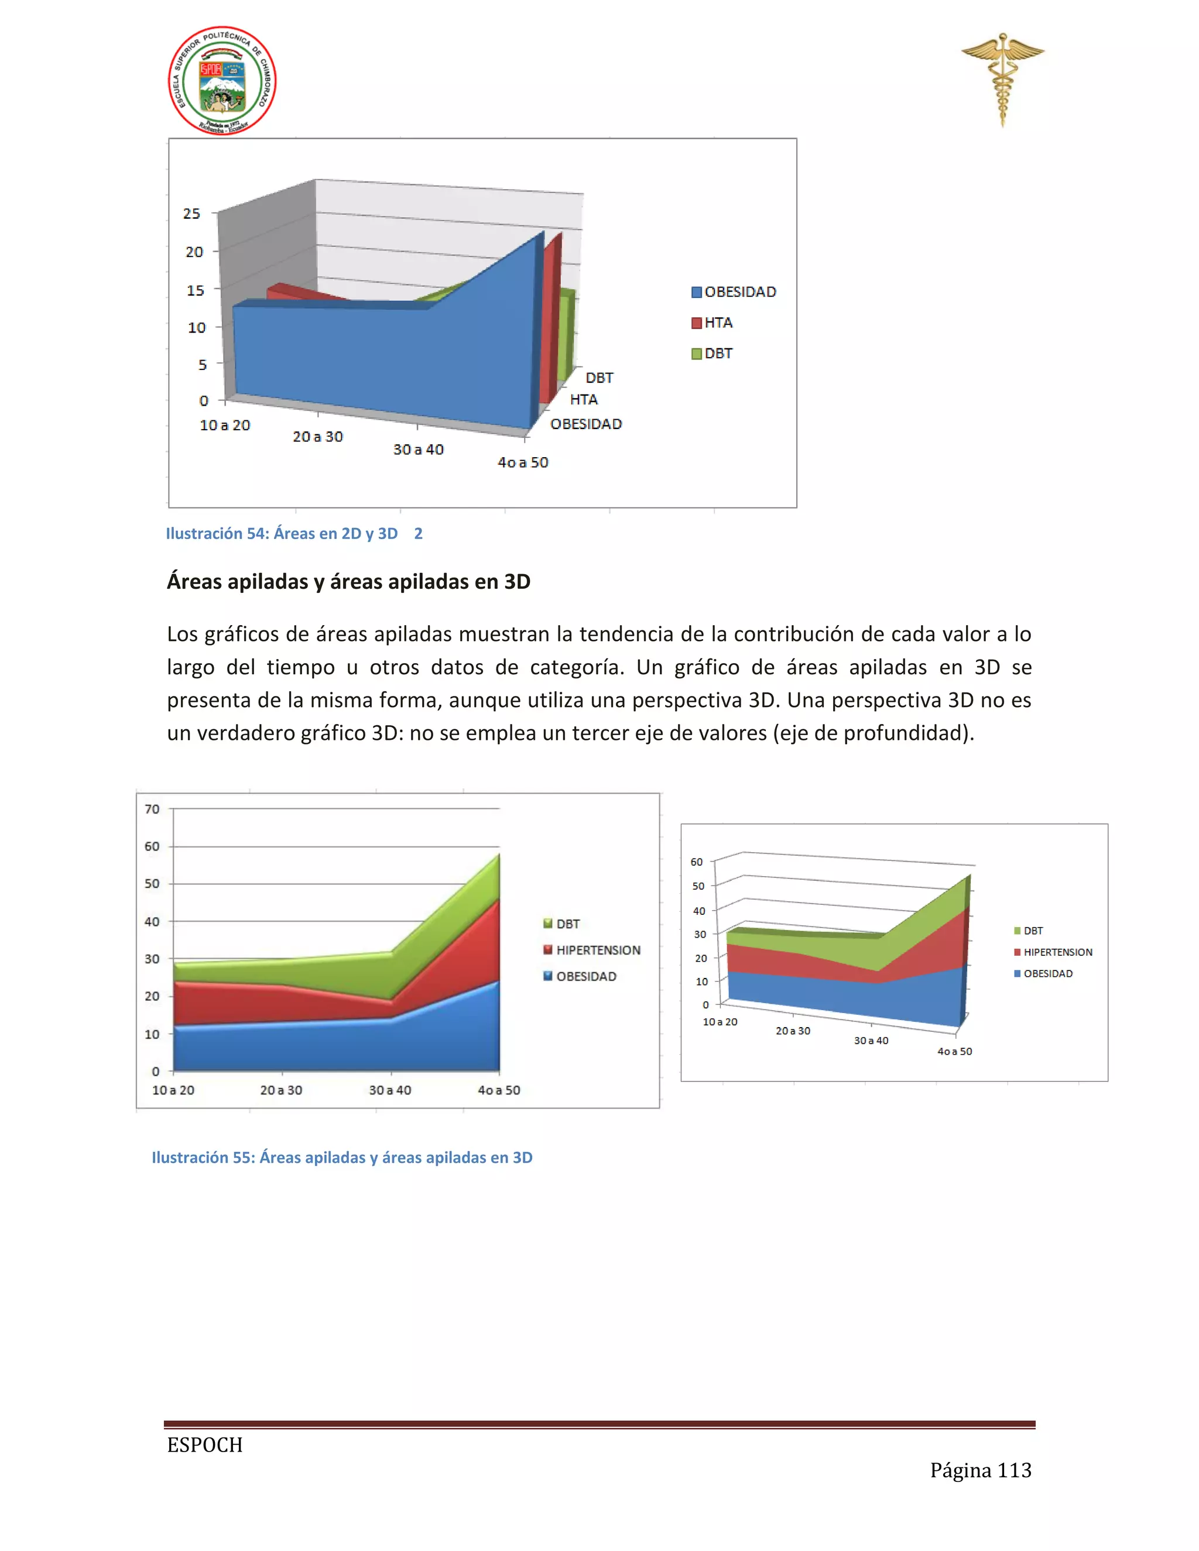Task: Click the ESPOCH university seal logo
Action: coord(222,81)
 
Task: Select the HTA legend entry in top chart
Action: coord(712,323)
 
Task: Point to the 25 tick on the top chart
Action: coord(192,214)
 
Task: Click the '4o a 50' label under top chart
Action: coord(523,463)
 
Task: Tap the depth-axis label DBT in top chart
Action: coord(599,378)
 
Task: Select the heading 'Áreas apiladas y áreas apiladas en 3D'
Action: coord(348,582)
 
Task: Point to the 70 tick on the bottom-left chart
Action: coord(152,809)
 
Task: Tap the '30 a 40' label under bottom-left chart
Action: coord(390,1090)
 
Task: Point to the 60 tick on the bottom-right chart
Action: coord(697,862)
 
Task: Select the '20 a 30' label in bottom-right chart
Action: coord(793,1031)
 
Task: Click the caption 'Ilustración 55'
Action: coord(342,1158)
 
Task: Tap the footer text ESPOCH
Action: coord(204,1445)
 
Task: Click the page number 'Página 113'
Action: coord(980,1470)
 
